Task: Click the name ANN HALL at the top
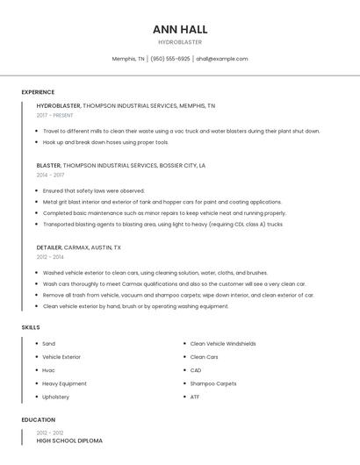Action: pos(180,29)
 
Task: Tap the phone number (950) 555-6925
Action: pos(170,59)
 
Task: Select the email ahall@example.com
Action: pos(222,59)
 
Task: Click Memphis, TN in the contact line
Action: pos(128,59)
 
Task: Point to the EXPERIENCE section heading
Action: pos(38,92)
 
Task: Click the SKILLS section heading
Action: pos(31,327)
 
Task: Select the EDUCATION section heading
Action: pos(39,419)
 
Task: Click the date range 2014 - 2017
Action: pos(50,175)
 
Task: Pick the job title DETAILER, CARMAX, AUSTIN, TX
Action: pos(79,247)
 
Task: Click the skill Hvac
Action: pos(48,370)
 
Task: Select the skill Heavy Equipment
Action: pos(64,383)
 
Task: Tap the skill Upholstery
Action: pos(55,397)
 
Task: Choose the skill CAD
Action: pos(196,370)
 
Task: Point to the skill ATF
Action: pos(195,397)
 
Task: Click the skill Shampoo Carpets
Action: pos(213,383)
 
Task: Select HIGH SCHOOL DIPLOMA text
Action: pos(69,440)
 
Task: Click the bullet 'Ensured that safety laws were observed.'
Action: pos(94,190)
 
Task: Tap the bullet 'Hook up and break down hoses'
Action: pos(105,142)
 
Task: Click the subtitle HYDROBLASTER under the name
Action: pos(180,41)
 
